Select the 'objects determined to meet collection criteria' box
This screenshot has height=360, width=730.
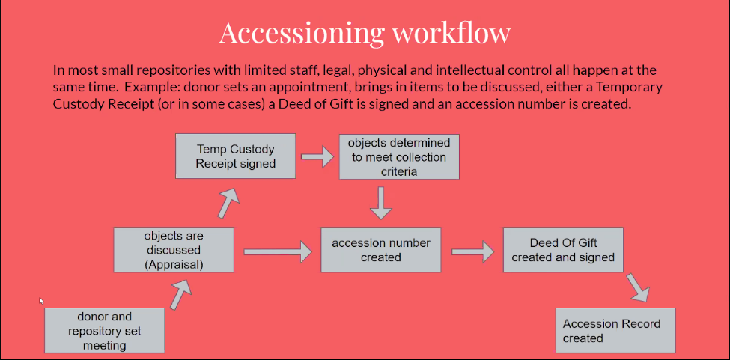389,157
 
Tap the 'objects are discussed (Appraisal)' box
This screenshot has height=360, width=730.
174,250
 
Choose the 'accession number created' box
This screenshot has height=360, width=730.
380,250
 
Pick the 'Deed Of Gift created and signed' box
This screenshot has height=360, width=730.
563,250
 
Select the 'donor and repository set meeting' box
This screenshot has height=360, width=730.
104,330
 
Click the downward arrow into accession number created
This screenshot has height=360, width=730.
381,201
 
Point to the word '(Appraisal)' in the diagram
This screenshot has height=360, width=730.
174,263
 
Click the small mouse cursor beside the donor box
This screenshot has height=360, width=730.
41,301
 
